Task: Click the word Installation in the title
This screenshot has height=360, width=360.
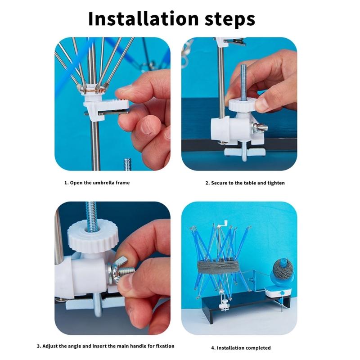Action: click(x=143, y=19)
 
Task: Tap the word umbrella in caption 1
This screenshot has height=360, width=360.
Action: click(x=103, y=183)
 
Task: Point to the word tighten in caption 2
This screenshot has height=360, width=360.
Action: click(x=276, y=183)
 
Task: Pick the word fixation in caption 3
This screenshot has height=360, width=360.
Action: click(x=165, y=346)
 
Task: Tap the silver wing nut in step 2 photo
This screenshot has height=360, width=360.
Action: click(x=260, y=128)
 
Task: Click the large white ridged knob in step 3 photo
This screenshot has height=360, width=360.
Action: click(x=93, y=238)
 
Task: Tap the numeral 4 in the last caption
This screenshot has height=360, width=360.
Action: click(x=213, y=348)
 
